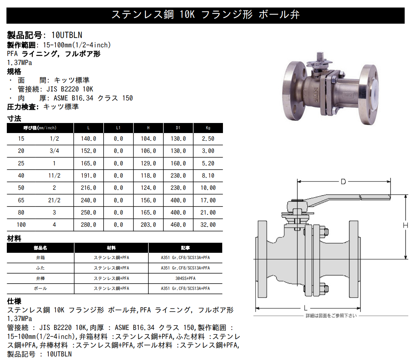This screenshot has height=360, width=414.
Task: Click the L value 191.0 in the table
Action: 89,176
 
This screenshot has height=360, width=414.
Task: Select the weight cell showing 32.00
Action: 208,225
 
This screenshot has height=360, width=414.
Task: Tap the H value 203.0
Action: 148,225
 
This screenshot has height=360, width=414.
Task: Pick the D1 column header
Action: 178,128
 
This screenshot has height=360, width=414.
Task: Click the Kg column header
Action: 208,128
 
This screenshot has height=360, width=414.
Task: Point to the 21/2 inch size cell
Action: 54,200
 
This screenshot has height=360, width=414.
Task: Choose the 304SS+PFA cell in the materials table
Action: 185,278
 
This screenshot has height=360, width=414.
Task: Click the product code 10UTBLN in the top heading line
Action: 67,35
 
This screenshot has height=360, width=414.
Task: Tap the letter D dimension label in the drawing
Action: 343,182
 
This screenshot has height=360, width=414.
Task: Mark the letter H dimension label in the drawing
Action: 405,225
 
